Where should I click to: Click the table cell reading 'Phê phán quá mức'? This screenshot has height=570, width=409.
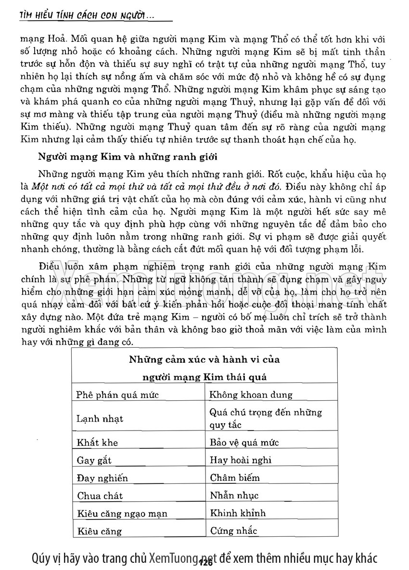118,395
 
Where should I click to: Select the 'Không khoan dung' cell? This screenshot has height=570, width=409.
251,395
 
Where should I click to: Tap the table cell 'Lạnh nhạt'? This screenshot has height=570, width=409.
100,418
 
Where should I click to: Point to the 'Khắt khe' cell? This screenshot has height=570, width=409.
97,443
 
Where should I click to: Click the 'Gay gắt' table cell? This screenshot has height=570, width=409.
94,460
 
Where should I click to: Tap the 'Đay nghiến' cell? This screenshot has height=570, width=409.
102,478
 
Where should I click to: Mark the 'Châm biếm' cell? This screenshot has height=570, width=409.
235,478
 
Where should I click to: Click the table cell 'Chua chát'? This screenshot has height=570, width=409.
100,495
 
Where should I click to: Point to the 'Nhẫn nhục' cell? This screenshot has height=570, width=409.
234,495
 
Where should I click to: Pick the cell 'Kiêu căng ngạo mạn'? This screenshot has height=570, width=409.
122,513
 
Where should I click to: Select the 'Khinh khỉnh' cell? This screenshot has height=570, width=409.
238,513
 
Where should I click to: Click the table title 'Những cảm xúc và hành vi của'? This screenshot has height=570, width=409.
204,359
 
